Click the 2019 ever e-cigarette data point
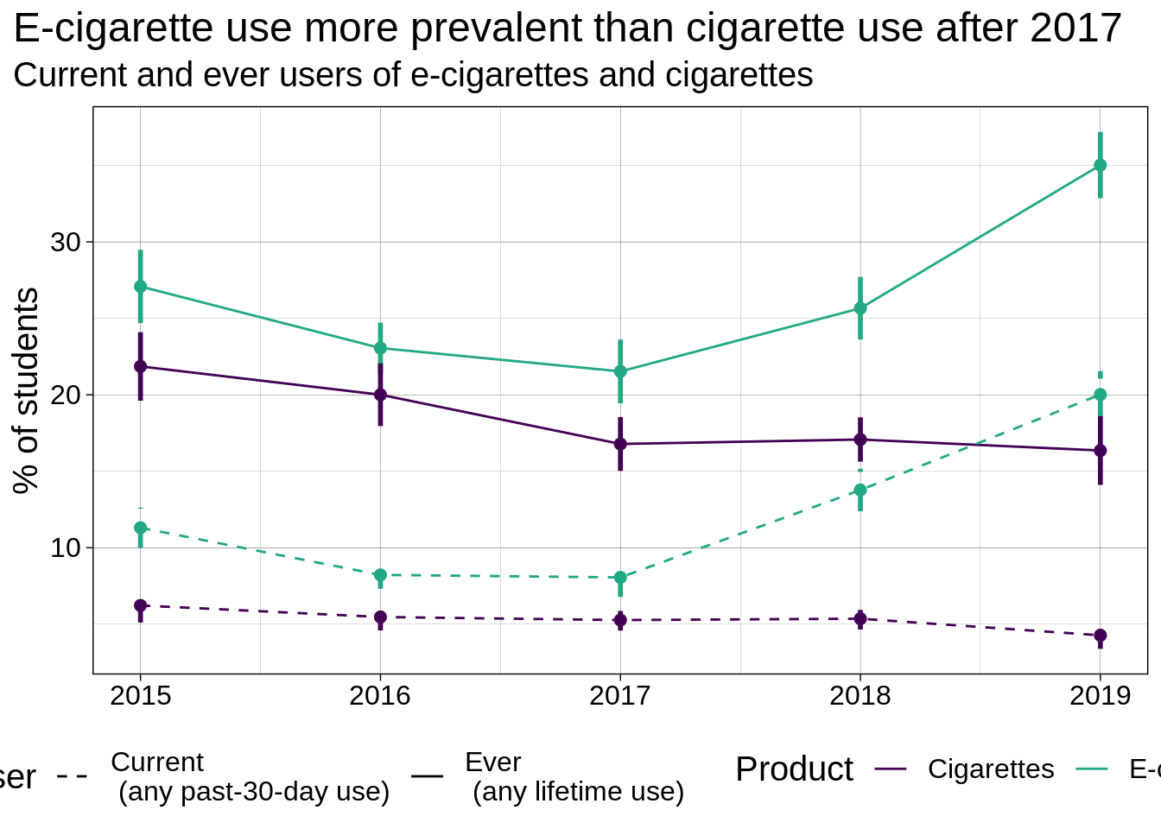coord(1100,165)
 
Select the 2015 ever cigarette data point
coord(140,366)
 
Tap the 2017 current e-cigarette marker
coord(620,577)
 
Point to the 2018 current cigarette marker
coord(860,618)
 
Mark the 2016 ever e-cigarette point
coord(380,348)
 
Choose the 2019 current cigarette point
coord(1100,636)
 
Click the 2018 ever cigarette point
coord(860,440)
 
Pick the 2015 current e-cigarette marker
coord(140,528)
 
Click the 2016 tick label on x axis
coord(380,696)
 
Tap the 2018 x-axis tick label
coord(860,696)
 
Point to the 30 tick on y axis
coord(65,243)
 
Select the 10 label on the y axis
coord(65,548)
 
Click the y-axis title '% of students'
coord(26,390)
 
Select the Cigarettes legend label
coord(991,769)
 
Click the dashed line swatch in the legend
coord(72,775)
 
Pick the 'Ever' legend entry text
coord(492,762)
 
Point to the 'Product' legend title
coord(794,769)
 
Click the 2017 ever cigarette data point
coord(620,444)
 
